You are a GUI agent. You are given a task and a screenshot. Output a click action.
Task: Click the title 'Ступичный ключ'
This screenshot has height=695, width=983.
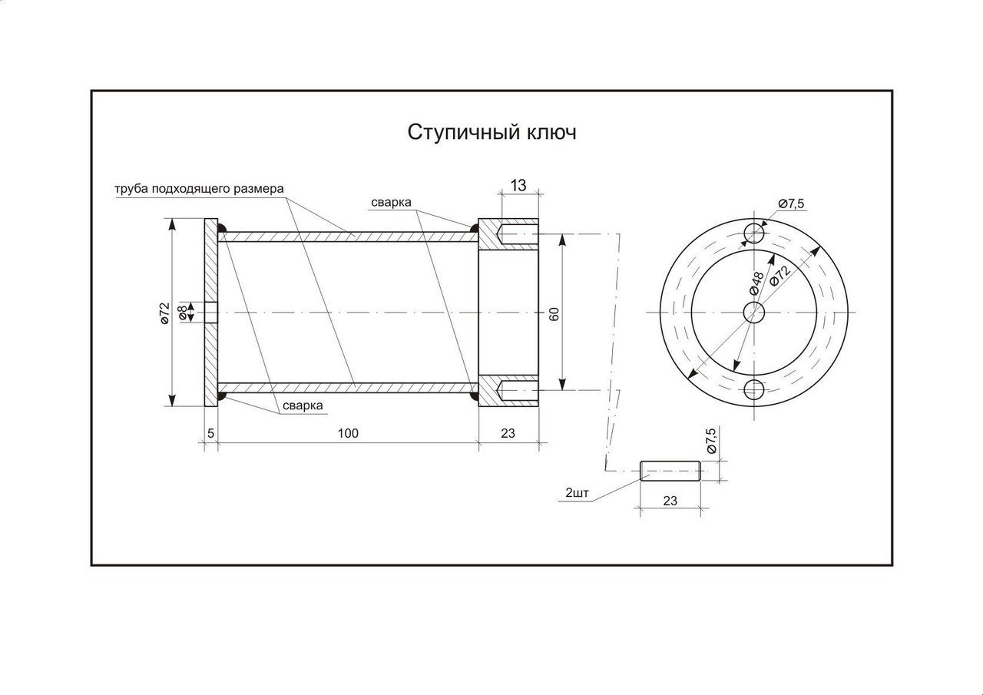491,131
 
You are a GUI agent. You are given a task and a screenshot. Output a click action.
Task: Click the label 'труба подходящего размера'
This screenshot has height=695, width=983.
199,189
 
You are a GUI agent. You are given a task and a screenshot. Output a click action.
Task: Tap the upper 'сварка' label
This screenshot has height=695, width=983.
392,202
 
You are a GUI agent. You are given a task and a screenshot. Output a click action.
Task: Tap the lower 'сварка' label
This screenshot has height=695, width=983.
303,405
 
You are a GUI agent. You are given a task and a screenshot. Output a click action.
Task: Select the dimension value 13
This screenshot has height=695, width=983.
518,185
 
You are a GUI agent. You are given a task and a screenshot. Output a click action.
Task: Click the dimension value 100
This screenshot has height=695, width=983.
348,434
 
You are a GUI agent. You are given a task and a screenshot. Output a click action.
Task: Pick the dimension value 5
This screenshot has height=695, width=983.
210,434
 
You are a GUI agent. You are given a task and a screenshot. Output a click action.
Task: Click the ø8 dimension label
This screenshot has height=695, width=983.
183,312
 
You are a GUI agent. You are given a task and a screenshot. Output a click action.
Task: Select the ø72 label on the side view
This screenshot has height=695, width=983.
164,313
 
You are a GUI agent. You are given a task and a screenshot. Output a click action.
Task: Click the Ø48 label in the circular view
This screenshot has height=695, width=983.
756,283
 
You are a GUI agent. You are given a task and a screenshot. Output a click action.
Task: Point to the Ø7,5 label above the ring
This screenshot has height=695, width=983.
791,204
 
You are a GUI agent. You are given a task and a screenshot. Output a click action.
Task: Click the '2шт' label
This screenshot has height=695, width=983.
577,493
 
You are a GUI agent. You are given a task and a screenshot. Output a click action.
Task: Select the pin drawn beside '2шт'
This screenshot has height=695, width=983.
670,469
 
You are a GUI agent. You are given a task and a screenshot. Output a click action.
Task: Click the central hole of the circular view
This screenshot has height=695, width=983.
754,313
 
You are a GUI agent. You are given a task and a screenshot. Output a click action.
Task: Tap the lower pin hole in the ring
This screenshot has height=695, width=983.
754,390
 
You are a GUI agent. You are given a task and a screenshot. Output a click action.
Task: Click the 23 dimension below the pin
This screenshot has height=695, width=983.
670,501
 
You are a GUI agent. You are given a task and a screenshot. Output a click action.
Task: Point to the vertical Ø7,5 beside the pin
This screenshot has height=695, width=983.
710,440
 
